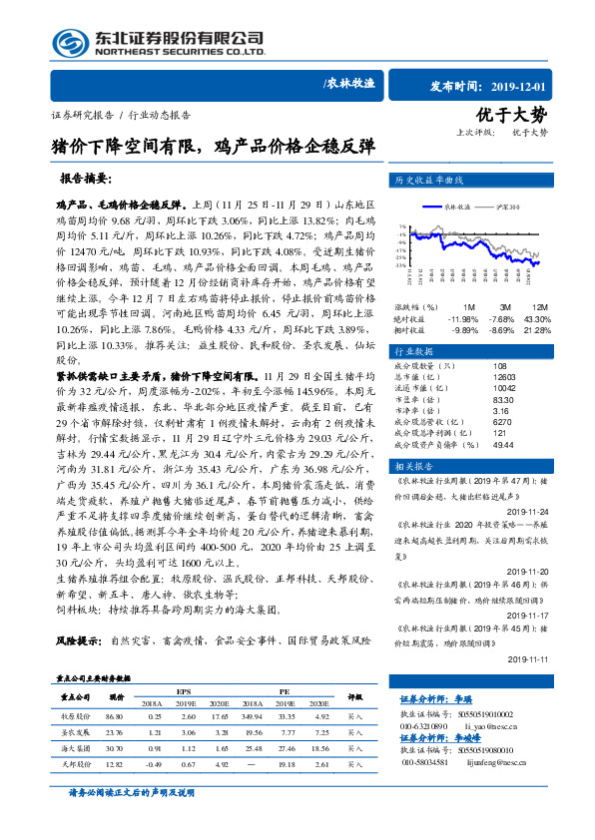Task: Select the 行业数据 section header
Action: point(417,351)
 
